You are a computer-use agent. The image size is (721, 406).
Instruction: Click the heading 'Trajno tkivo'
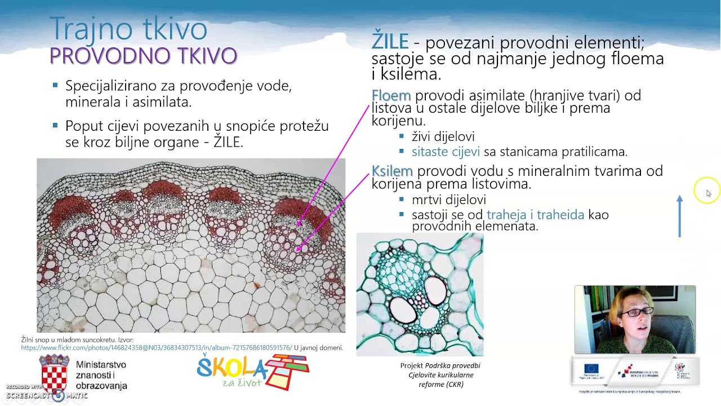click(128, 28)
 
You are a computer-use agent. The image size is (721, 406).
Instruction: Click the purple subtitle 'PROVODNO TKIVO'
click(143, 56)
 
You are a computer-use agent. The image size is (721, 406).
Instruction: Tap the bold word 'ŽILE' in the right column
click(390, 42)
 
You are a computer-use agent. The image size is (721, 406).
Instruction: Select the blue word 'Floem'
click(391, 95)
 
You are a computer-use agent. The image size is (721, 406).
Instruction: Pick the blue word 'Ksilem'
click(392, 171)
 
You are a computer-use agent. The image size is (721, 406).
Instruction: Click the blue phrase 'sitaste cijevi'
click(446, 152)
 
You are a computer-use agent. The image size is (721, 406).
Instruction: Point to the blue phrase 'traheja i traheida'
click(535, 215)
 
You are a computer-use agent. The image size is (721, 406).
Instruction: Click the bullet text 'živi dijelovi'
click(443, 136)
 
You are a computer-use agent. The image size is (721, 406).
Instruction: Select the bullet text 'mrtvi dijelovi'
click(448, 200)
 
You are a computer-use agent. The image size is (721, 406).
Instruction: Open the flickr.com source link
click(157, 348)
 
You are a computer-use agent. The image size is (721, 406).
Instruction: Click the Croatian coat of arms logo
click(54, 373)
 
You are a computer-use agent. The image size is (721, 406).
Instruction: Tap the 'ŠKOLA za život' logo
click(252, 372)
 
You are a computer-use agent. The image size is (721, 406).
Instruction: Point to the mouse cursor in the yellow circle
click(707, 193)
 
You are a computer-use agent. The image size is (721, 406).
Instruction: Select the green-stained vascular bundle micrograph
click(420, 294)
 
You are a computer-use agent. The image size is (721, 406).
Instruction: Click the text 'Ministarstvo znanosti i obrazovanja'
click(101, 376)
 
